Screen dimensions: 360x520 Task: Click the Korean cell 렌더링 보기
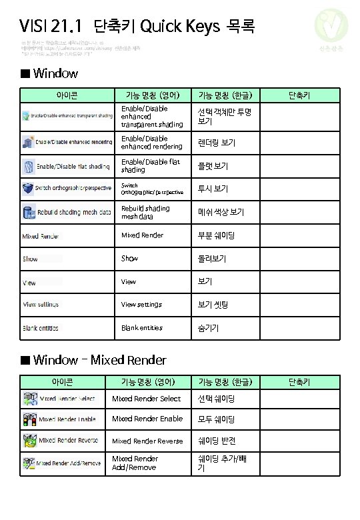click(216, 143)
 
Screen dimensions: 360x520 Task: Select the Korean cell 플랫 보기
click(213, 166)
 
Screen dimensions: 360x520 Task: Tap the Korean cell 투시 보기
click(213, 189)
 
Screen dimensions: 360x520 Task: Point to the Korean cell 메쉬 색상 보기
click(220, 212)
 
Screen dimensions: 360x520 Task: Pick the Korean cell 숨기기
click(208, 328)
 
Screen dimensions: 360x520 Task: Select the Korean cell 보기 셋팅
click(213, 305)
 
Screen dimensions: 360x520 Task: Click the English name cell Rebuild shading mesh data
click(145, 212)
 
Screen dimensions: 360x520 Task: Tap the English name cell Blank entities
click(141, 328)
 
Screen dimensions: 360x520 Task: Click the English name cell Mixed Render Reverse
click(147, 441)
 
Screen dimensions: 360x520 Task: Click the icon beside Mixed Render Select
click(29, 399)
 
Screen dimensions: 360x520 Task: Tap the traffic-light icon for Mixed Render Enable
click(29, 419)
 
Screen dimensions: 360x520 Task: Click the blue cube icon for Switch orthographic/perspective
click(28, 189)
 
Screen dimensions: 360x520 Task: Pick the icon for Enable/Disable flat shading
click(28, 166)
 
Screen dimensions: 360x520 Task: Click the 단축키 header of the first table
click(299, 95)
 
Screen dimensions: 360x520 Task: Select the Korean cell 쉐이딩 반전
click(217, 441)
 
